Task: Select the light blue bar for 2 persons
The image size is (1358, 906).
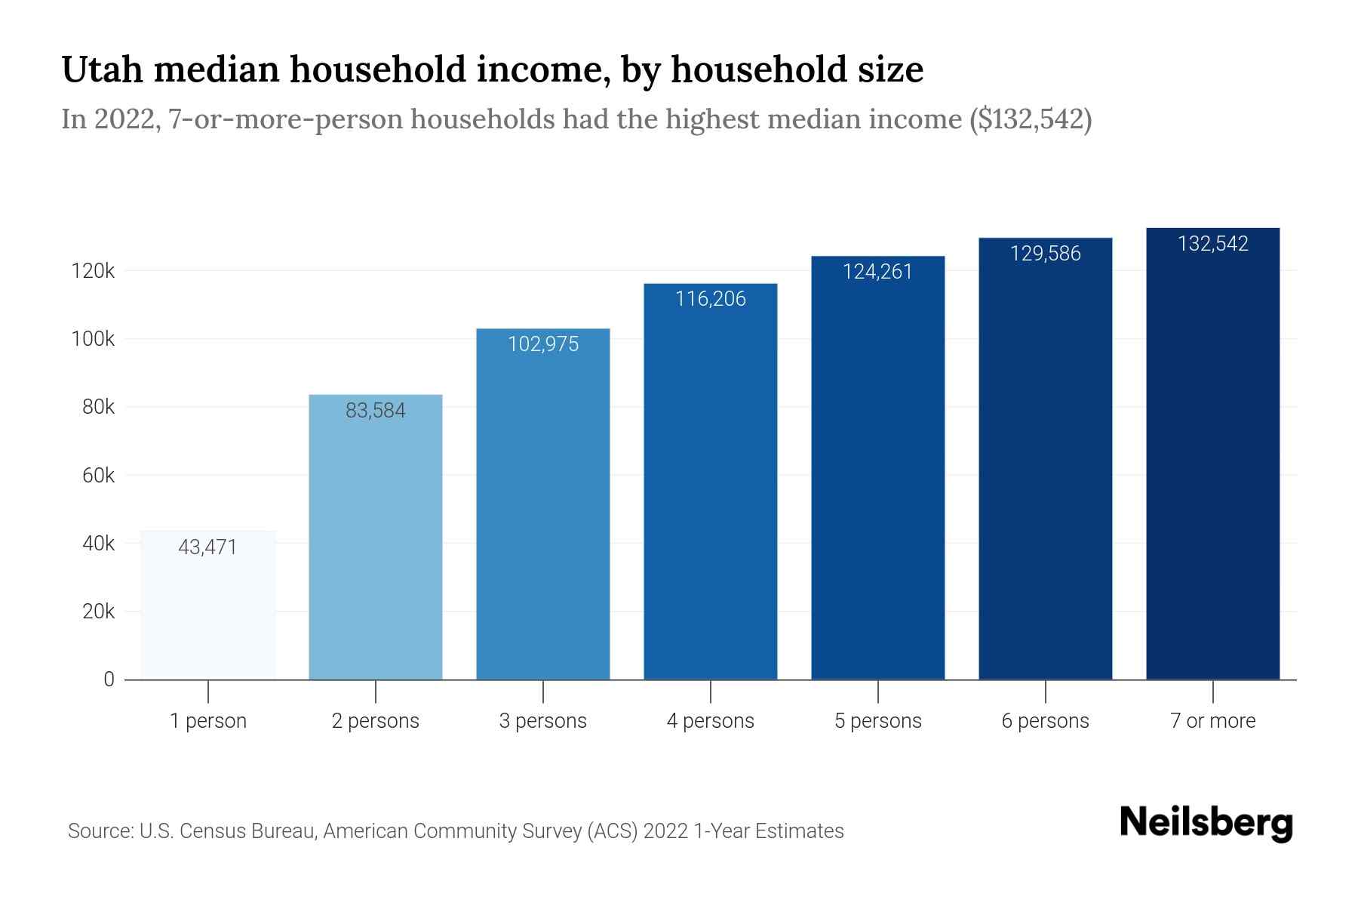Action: (376, 544)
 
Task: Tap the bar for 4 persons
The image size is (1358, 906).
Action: (710, 491)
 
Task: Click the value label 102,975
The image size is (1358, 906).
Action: (543, 344)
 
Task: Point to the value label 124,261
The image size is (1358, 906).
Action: (877, 272)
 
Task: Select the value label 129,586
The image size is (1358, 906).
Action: (1045, 254)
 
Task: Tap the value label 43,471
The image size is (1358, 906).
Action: (207, 547)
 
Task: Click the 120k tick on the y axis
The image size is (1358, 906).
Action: (93, 271)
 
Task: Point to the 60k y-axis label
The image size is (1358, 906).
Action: (98, 476)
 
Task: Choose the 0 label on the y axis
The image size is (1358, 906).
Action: (109, 679)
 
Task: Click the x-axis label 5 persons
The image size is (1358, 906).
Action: (877, 721)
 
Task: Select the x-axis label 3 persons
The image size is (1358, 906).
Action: (543, 721)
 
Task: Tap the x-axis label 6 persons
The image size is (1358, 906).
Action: (1045, 721)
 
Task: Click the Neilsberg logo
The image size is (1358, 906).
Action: (1206, 823)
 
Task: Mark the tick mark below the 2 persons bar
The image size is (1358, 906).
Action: (376, 691)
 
